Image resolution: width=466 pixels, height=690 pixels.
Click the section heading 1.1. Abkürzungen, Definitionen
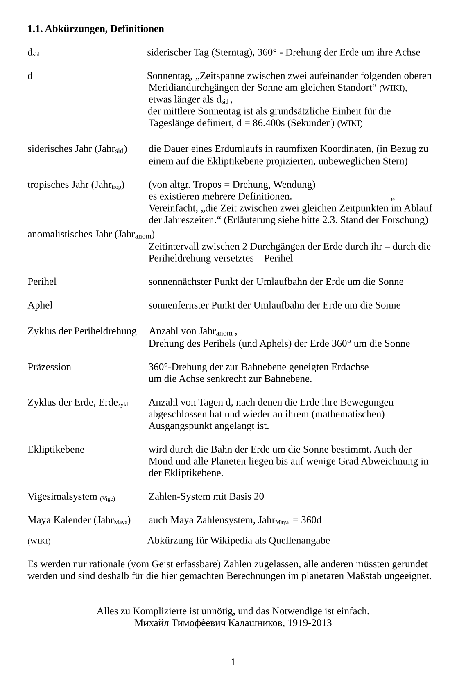95,29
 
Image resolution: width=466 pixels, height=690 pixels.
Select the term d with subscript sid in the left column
33,53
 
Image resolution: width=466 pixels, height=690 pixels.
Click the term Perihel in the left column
42,282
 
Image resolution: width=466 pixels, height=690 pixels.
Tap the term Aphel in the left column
40,306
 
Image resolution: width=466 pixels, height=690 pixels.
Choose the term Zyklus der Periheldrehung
82,331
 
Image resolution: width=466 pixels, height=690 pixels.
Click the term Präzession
49,367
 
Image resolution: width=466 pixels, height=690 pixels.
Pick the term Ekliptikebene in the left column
56,450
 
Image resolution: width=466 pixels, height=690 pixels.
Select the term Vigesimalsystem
62,497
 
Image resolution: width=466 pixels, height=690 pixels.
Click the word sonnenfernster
179,306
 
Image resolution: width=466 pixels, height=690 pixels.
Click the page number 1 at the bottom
233,663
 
